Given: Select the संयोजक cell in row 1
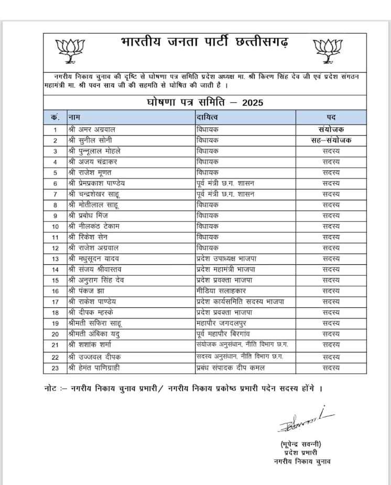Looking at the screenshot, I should point(331,130).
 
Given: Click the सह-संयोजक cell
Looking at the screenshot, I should point(331,140).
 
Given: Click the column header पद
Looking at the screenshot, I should point(331,116).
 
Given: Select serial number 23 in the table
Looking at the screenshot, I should point(55,368).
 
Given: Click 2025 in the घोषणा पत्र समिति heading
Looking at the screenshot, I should point(252,102).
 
